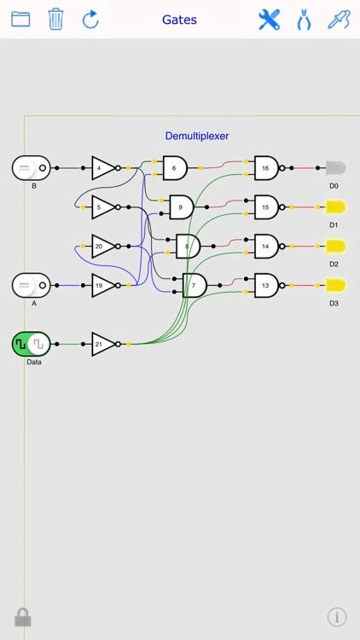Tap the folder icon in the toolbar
(x=20, y=19)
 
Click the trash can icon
(x=55, y=19)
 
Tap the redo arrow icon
(x=90, y=19)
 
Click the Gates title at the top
(x=179, y=19)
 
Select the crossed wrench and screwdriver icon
(x=269, y=19)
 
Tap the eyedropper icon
(x=339, y=19)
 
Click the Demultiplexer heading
(x=197, y=135)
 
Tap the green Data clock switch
(x=31, y=344)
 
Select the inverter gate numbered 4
(x=102, y=168)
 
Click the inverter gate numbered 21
(x=102, y=344)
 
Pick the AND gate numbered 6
(x=175, y=168)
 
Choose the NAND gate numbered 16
(x=266, y=168)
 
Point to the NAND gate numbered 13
(x=266, y=285)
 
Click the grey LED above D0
(x=334, y=168)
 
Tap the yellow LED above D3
(x=335, y=285)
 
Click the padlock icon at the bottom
(x=23, y=617)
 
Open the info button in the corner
(x=337, y=616)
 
